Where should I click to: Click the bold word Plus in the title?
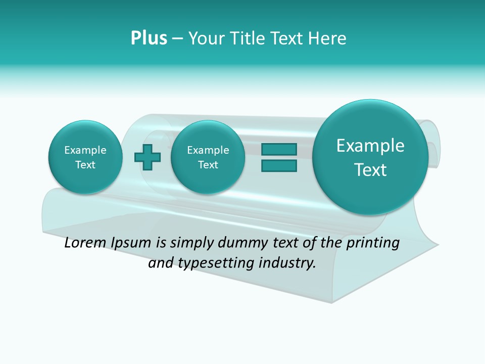click(149, 38)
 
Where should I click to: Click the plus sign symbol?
click(148, 157)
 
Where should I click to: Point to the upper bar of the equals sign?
click(279, 149)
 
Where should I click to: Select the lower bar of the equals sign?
click(279, 166)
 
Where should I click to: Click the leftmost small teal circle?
click(85, 157)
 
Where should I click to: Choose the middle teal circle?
click(208, 157)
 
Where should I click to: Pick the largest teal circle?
click(370, 157)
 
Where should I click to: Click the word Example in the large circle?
click(370, 146)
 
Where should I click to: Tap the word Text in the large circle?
click(370, 170)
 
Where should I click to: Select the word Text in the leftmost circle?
click(85, 165)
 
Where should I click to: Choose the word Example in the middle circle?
click(208, 150)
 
